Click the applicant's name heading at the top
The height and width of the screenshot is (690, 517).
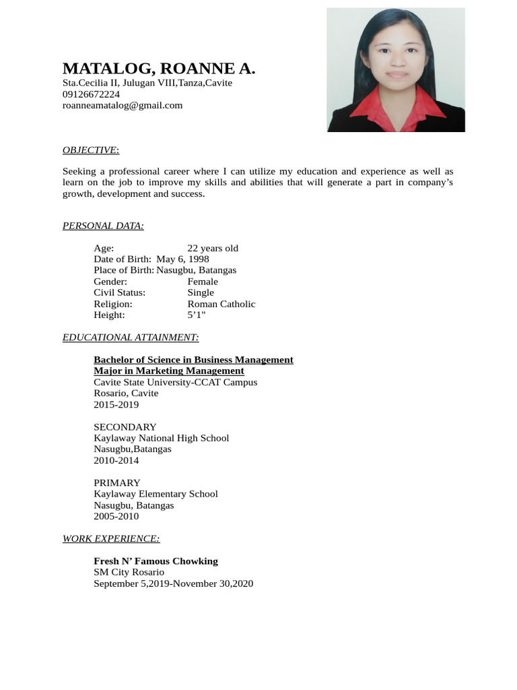(159, 69)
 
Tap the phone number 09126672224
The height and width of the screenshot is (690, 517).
(91, 94)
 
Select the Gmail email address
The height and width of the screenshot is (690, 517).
(123, 105)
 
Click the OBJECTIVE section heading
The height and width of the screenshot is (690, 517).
(91, 150)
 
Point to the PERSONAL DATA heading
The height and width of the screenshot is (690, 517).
(103, 226)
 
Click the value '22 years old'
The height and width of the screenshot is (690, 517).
(213, 248)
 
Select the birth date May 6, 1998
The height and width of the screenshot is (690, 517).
(182, 259)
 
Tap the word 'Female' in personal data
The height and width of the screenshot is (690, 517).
(203, 282)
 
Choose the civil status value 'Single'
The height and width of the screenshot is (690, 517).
(201, 292)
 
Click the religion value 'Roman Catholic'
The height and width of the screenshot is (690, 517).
(221, 304)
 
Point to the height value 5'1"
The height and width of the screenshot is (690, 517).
(197, 315)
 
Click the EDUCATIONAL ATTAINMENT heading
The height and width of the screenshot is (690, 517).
(131, 337)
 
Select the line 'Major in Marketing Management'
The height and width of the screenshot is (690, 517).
(169, 371)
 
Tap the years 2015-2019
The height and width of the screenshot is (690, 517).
(116, 404)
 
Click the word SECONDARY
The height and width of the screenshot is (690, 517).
(125, 427)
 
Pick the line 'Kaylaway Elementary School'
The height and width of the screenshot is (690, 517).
(156, 494)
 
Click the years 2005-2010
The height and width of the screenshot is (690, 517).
(116, 516)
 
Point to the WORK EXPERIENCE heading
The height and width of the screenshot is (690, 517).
(111, 538)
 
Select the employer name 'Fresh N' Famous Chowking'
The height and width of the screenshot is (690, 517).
(156, 561)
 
